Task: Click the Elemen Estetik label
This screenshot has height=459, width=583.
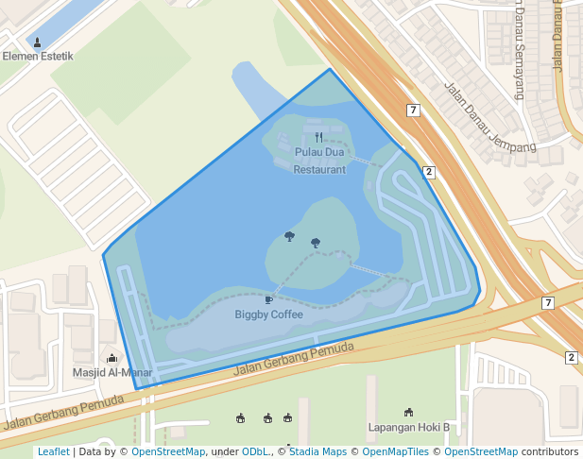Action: (x=38, y=57)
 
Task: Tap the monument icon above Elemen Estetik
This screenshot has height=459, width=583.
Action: (x=38, y=42)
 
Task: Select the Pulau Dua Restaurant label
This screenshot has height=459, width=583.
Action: (x=319, y=161)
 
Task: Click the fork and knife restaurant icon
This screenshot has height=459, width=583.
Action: (x=319, y=137)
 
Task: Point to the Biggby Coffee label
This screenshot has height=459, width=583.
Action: (x=268, y=314)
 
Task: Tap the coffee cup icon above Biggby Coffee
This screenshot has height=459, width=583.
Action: (x=268, y=300)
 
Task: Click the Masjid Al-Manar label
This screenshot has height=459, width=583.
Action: (x=112, y=372)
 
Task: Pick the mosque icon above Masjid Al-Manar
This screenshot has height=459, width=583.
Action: (x=112, y=358)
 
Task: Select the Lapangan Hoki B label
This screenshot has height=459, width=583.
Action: (x=408, y=428)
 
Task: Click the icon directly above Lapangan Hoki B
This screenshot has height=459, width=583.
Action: (x=408, y=413)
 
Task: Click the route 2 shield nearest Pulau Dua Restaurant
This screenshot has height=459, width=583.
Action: (x=428, y=172)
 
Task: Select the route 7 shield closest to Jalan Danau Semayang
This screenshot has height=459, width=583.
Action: (x=413, y=110)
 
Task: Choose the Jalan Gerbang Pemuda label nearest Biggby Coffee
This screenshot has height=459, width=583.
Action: (x=293, y=360)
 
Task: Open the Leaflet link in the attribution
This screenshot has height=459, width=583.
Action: (x=53, y=451)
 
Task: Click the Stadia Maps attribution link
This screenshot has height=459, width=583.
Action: (x=317, y=451)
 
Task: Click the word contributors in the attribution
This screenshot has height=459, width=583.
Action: (x=550, y=451)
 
